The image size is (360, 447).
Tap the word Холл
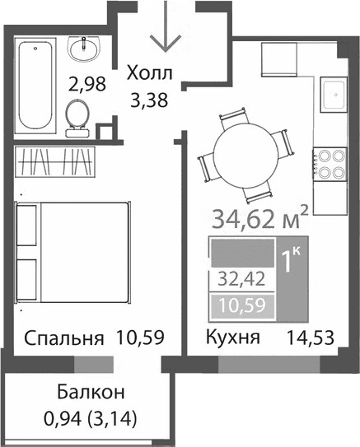coord(150,74)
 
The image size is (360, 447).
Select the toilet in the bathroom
coord(77,116)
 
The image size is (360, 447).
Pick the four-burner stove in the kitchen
coord(330,161)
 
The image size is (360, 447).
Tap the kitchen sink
coord(335,94)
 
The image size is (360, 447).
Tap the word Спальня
coord(63,338)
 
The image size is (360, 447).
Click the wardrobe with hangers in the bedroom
coord(56,161)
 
